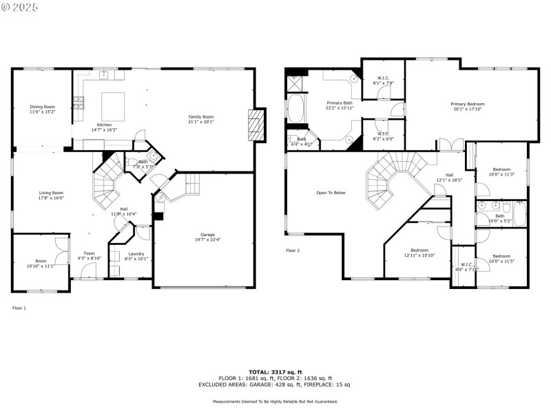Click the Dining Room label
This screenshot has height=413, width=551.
coord(42,107)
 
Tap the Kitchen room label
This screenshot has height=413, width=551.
coord(104,125)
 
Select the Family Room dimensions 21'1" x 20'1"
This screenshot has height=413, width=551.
coord(201,123)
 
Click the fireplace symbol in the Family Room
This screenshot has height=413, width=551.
coord(256,125)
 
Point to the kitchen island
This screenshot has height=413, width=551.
coord(113,107)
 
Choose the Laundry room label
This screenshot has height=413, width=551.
coord(136,254)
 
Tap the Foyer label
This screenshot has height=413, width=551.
coord(90,253)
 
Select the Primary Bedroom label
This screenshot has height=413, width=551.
coord(468,104)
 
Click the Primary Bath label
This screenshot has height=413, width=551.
coord(339,103)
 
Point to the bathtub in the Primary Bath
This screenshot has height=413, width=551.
coord(295,109)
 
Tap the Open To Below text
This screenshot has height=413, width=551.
coord(331,193)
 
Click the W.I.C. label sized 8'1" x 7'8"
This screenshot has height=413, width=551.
coord(383,78)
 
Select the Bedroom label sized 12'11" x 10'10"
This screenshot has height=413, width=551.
coord(419,250)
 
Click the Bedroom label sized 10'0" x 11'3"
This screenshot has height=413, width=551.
coord(501,169)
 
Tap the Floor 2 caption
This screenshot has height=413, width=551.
coord(293,251)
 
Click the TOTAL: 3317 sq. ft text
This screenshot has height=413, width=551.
coord(275,372)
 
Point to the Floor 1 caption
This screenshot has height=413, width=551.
coord(19,308)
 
